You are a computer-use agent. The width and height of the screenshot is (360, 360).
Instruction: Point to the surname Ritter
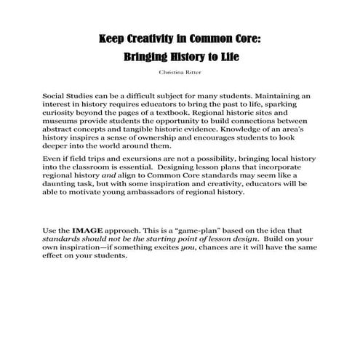(193, 73)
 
